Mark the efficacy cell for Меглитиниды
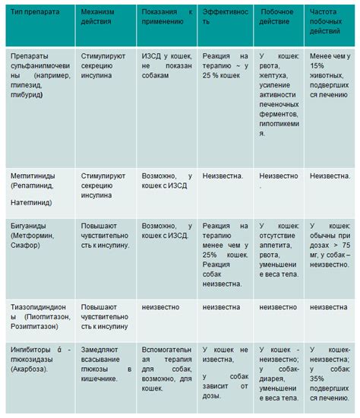223,176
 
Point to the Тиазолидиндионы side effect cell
278,308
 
